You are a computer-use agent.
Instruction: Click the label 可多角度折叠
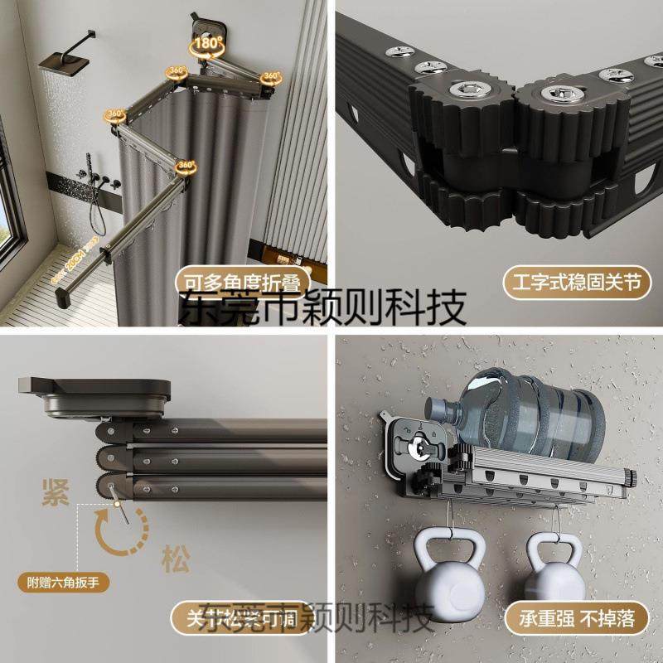[x=238, y=281]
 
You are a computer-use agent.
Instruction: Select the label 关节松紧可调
[x=241, y=618]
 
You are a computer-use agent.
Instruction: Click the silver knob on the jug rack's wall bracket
[x=425, y=448]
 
